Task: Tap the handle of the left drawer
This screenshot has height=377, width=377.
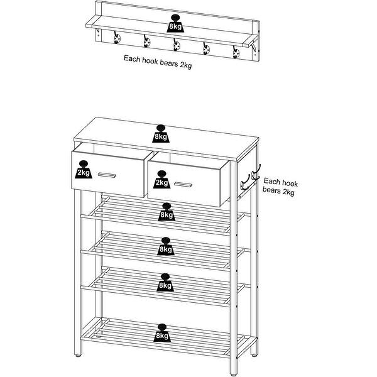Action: point(106,175)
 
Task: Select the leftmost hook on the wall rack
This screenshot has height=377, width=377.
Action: point(117,40)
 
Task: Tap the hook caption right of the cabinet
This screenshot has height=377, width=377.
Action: point(279,186)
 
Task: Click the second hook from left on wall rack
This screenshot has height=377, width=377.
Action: point(146,41)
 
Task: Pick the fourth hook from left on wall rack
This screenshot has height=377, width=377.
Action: point(206,49)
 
